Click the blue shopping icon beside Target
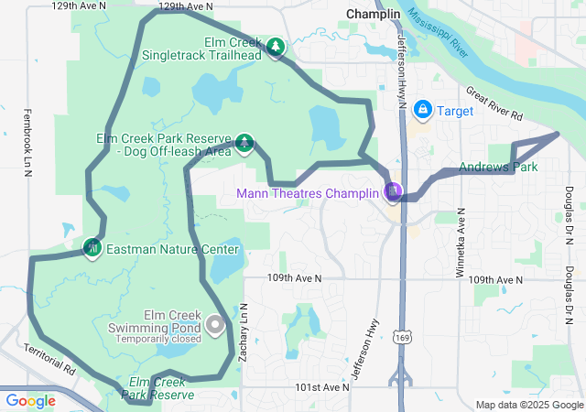(x=422, y=111)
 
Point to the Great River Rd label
(x=493, y=104)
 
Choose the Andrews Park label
(x=498, y=168)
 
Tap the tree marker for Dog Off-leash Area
(x=244, y=142)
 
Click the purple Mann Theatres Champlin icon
(x=393, y=191)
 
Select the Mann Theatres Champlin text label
(x=307, y=193)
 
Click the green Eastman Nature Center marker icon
(x=92, y=247)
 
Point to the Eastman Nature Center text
(x=172, y=249)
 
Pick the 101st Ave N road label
(x=321, y=387)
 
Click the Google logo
(x=31, y=400)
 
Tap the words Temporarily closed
(x=158, y=339)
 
